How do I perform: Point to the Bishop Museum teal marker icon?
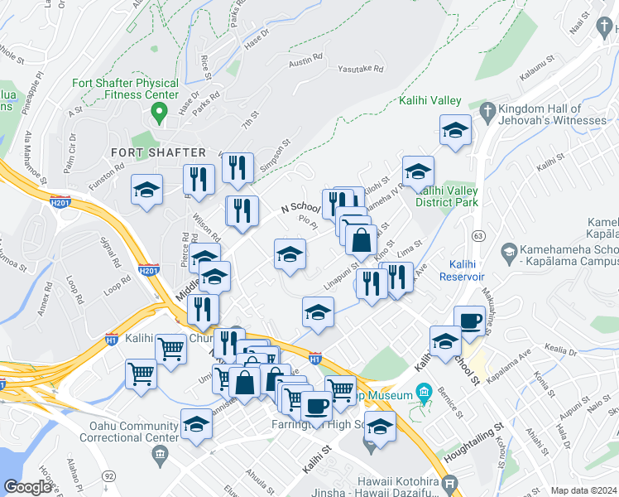(x=424, y=390)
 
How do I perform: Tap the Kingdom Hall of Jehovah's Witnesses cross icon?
(x=488, y=110)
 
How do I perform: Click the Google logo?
(x=28, y=487)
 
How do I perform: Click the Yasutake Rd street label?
(x=361, y=70)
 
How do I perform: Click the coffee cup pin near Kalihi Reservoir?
(x=469, y=321)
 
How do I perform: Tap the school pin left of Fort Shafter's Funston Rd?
(x=146, y=190)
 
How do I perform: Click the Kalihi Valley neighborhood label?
(x=429, y=101)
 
